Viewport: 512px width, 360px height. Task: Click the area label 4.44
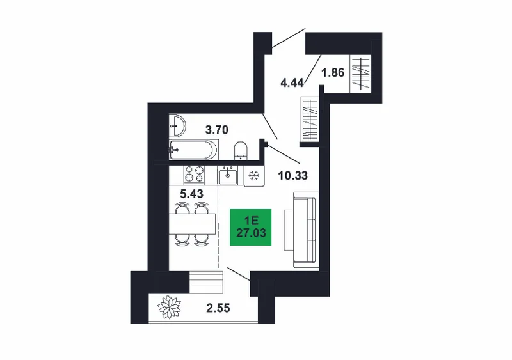pyautogui.click(x=292, y=83)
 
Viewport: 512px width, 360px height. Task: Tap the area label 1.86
pyautogui.click(x=333, y=72)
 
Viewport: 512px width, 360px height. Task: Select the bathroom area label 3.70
pyautogui.click(x=217, y=130)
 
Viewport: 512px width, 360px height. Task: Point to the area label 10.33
pyautogui.click(x=293, y=176)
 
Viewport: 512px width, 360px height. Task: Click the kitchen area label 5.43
pyautogui.click(x=191, y=194)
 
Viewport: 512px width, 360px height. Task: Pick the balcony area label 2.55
pyautogui.click(x=218, y=308)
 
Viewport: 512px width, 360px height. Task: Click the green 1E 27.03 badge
pyautogui.click(x=251, y=227)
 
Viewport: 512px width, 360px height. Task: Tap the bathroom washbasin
pyautogui.click(x=177, y=126)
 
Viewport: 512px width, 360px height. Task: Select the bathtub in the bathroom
pyautogui.click(x=193, y=150)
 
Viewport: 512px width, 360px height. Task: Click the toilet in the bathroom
pyautogui.click(x=241, y=151)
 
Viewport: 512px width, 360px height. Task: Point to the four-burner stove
pyautogui.click(x=194, y=174)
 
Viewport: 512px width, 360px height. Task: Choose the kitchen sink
pyautogui.click(x=228, y=175)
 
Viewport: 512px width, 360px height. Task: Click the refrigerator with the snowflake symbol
pyautogui.click(x=254, y=176)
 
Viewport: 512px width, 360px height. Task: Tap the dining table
pyautogui.click(x=192, y=224)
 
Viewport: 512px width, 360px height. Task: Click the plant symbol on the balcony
pyautogui.click(x=169, y=307)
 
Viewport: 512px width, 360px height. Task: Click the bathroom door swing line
pyautogui.click(x=270, y=127)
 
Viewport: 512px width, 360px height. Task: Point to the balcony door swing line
pyautogui.click(x=239, y=274)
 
